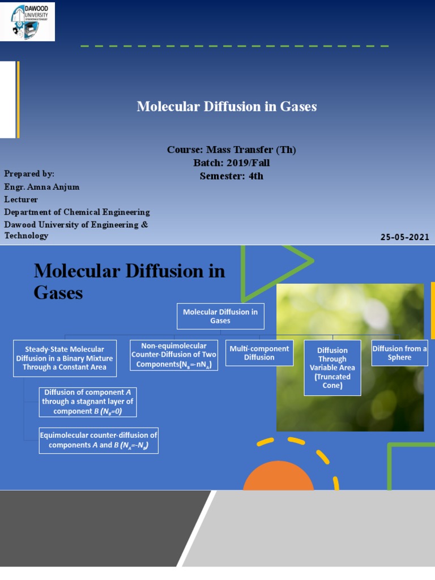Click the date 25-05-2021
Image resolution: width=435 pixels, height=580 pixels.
(x=404, y=237)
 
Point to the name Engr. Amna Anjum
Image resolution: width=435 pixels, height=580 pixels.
(x=41, y=186)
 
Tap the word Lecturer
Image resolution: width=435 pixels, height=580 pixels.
(x=21, y=199)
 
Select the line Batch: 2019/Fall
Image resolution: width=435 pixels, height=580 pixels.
(x=231, y=163)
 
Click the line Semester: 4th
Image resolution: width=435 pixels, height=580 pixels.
(x=231, y=176)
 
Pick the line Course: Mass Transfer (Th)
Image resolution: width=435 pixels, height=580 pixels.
(x=231, y=150)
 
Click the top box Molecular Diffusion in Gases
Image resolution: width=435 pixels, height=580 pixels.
(x=220, y=316)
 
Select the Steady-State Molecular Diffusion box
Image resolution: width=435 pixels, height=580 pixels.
(x=65, y=358)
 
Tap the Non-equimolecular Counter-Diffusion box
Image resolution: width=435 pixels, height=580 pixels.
(x=173, y=355)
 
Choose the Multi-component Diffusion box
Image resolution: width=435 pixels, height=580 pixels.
(x=259, y=353)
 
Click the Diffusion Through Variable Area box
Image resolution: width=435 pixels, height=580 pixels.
(x=332, y=367)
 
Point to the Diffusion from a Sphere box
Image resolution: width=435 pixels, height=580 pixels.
(x=399, y=353)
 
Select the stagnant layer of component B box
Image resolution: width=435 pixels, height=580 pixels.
(x=88, y=402)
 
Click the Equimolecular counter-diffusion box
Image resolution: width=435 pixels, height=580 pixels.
(x=99, y=440)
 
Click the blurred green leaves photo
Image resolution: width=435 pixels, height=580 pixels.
(x=349, y=357)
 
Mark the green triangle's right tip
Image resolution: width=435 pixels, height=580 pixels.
(x=312, y=261)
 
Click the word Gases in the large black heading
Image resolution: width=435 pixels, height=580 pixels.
(x=58, y=293)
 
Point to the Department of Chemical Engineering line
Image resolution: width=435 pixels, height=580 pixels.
(x=77, y=212)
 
